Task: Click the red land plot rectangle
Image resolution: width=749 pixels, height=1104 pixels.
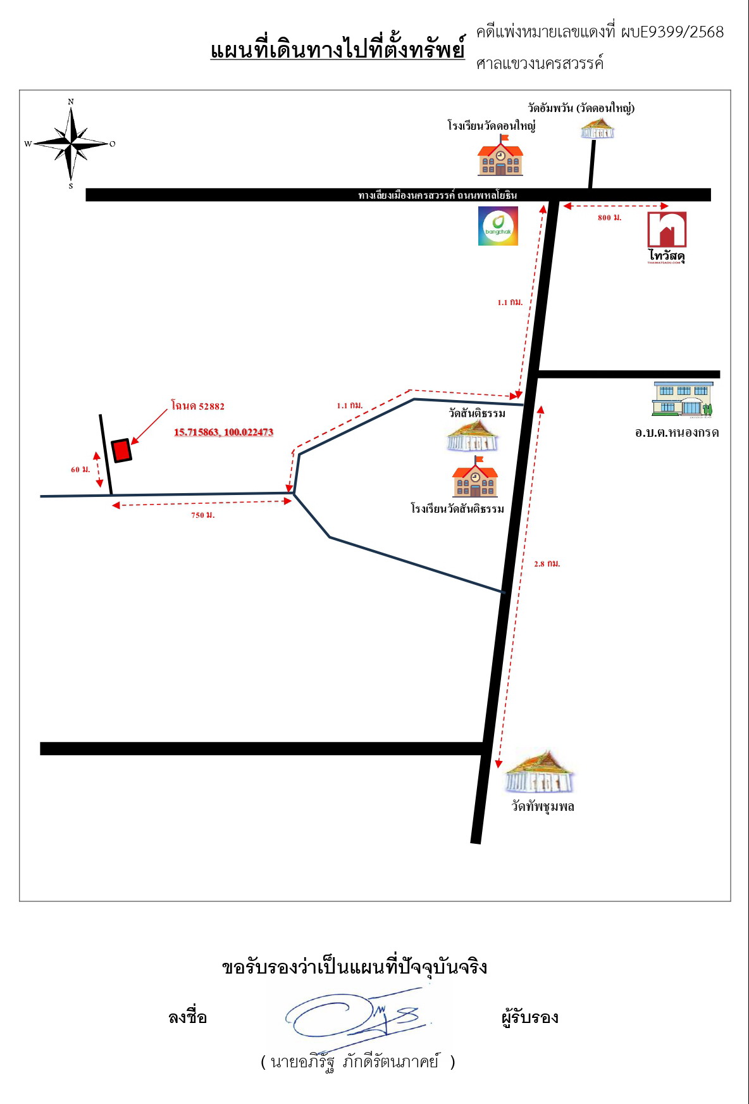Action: tap(121, 451)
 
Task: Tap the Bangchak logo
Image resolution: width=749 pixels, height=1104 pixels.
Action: tap(498, 226)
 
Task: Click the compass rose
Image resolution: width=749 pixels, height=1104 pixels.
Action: tap(71, 144)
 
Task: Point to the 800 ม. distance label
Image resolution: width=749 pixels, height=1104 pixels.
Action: tap(610, 218)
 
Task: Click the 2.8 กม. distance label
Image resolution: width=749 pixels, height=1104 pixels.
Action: tap(547, 563)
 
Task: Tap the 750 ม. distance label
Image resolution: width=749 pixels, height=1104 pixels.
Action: tap(203, 515)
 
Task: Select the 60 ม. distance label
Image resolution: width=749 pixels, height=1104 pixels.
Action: tap(80, 470)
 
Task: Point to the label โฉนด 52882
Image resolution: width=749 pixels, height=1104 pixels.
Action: tap(198, 406)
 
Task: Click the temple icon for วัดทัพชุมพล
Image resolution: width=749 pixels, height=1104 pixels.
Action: tap(539, 772)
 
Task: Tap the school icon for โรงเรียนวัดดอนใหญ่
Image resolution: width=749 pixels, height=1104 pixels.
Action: tap(500, 156)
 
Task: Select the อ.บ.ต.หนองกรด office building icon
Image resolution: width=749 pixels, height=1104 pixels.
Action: tap(683, 399)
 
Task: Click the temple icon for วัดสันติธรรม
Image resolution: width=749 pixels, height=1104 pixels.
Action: tap(473, 436)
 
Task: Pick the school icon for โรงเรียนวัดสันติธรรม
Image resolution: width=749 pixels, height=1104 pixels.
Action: tap(476, 477)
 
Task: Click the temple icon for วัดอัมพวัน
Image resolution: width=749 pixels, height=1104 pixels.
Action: tap(598, 128)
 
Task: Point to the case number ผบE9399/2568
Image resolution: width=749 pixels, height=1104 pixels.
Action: tap(672, 32)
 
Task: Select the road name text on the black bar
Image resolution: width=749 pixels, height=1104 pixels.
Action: tap(438, 195)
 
